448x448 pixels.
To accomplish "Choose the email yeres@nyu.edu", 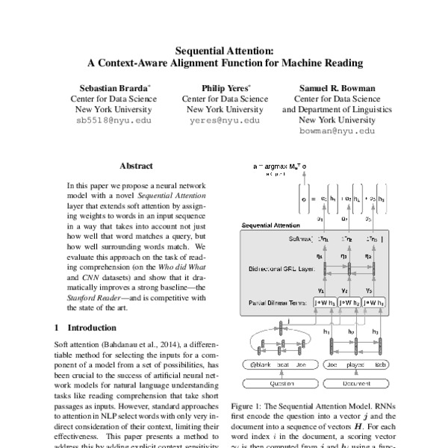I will coord(225,119).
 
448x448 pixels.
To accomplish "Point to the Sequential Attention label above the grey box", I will coord(272,225).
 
